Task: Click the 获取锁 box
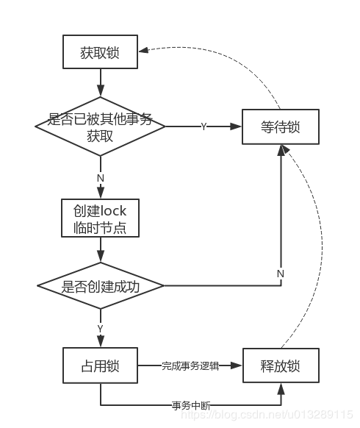pos(100,51)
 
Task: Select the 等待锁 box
pos(281,126)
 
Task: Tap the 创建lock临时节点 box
pos(100,218)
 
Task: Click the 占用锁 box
pos(100,365)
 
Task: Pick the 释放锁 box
pos(281,365)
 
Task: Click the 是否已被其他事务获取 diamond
pos(100,126)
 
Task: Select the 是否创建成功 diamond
pos(101,286)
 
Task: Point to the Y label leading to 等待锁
pos(204,126)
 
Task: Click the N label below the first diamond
pos(101,178)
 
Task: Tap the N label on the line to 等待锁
pos(281,274)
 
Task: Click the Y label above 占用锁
pos(100,329)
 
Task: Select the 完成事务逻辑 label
pos(190,365)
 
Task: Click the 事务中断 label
pos(191,406)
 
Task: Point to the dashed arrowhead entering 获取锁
pos(143,50)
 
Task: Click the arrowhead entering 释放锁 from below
pos(281,389)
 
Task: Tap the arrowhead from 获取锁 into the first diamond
pos(101,90)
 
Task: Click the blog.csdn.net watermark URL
pos(267,414)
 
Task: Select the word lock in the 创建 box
pos(113,211)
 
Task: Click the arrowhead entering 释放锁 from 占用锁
pos(236,365)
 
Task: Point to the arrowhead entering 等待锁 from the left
pos(236,126)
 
